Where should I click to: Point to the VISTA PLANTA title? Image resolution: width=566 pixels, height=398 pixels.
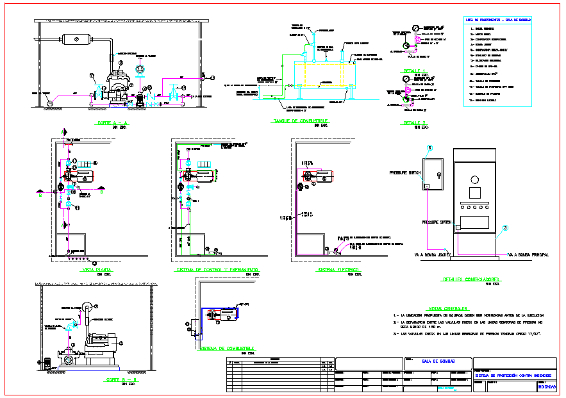pos(96,270)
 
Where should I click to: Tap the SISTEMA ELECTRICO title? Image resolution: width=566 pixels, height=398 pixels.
pos(338,270)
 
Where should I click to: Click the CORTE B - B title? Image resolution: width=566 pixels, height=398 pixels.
pos(120,379)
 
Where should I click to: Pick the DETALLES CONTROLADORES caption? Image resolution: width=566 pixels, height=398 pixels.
pos(472,279)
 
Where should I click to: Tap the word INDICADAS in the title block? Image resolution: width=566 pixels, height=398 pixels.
pos(547,387)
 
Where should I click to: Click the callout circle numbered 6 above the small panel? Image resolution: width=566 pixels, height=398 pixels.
pos(430,147)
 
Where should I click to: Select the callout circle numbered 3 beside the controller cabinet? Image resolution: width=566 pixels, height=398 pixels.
pos(505,228)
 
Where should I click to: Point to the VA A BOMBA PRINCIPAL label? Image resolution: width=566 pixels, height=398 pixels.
pos(528,255)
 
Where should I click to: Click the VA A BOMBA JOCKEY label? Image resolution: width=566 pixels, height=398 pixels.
pos(433,255)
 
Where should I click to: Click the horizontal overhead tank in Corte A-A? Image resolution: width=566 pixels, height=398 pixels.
pos(77,40)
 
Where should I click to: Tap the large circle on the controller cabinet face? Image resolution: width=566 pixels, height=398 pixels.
pos(474,173)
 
